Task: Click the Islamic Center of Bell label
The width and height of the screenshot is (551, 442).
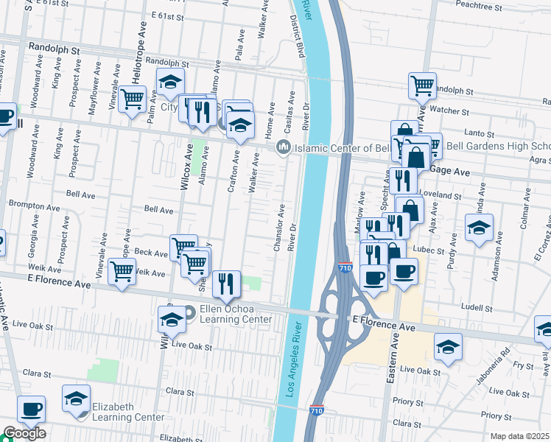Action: pos(336,149)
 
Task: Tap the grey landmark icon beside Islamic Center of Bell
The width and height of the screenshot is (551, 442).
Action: pos(283,149)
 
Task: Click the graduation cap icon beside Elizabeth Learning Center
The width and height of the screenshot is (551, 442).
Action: pos(75,399)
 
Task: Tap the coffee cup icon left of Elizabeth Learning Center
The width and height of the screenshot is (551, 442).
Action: pos(31,410)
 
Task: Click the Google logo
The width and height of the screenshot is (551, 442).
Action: pos(24,434)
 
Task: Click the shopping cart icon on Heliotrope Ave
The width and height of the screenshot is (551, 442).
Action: pos(133,98)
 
